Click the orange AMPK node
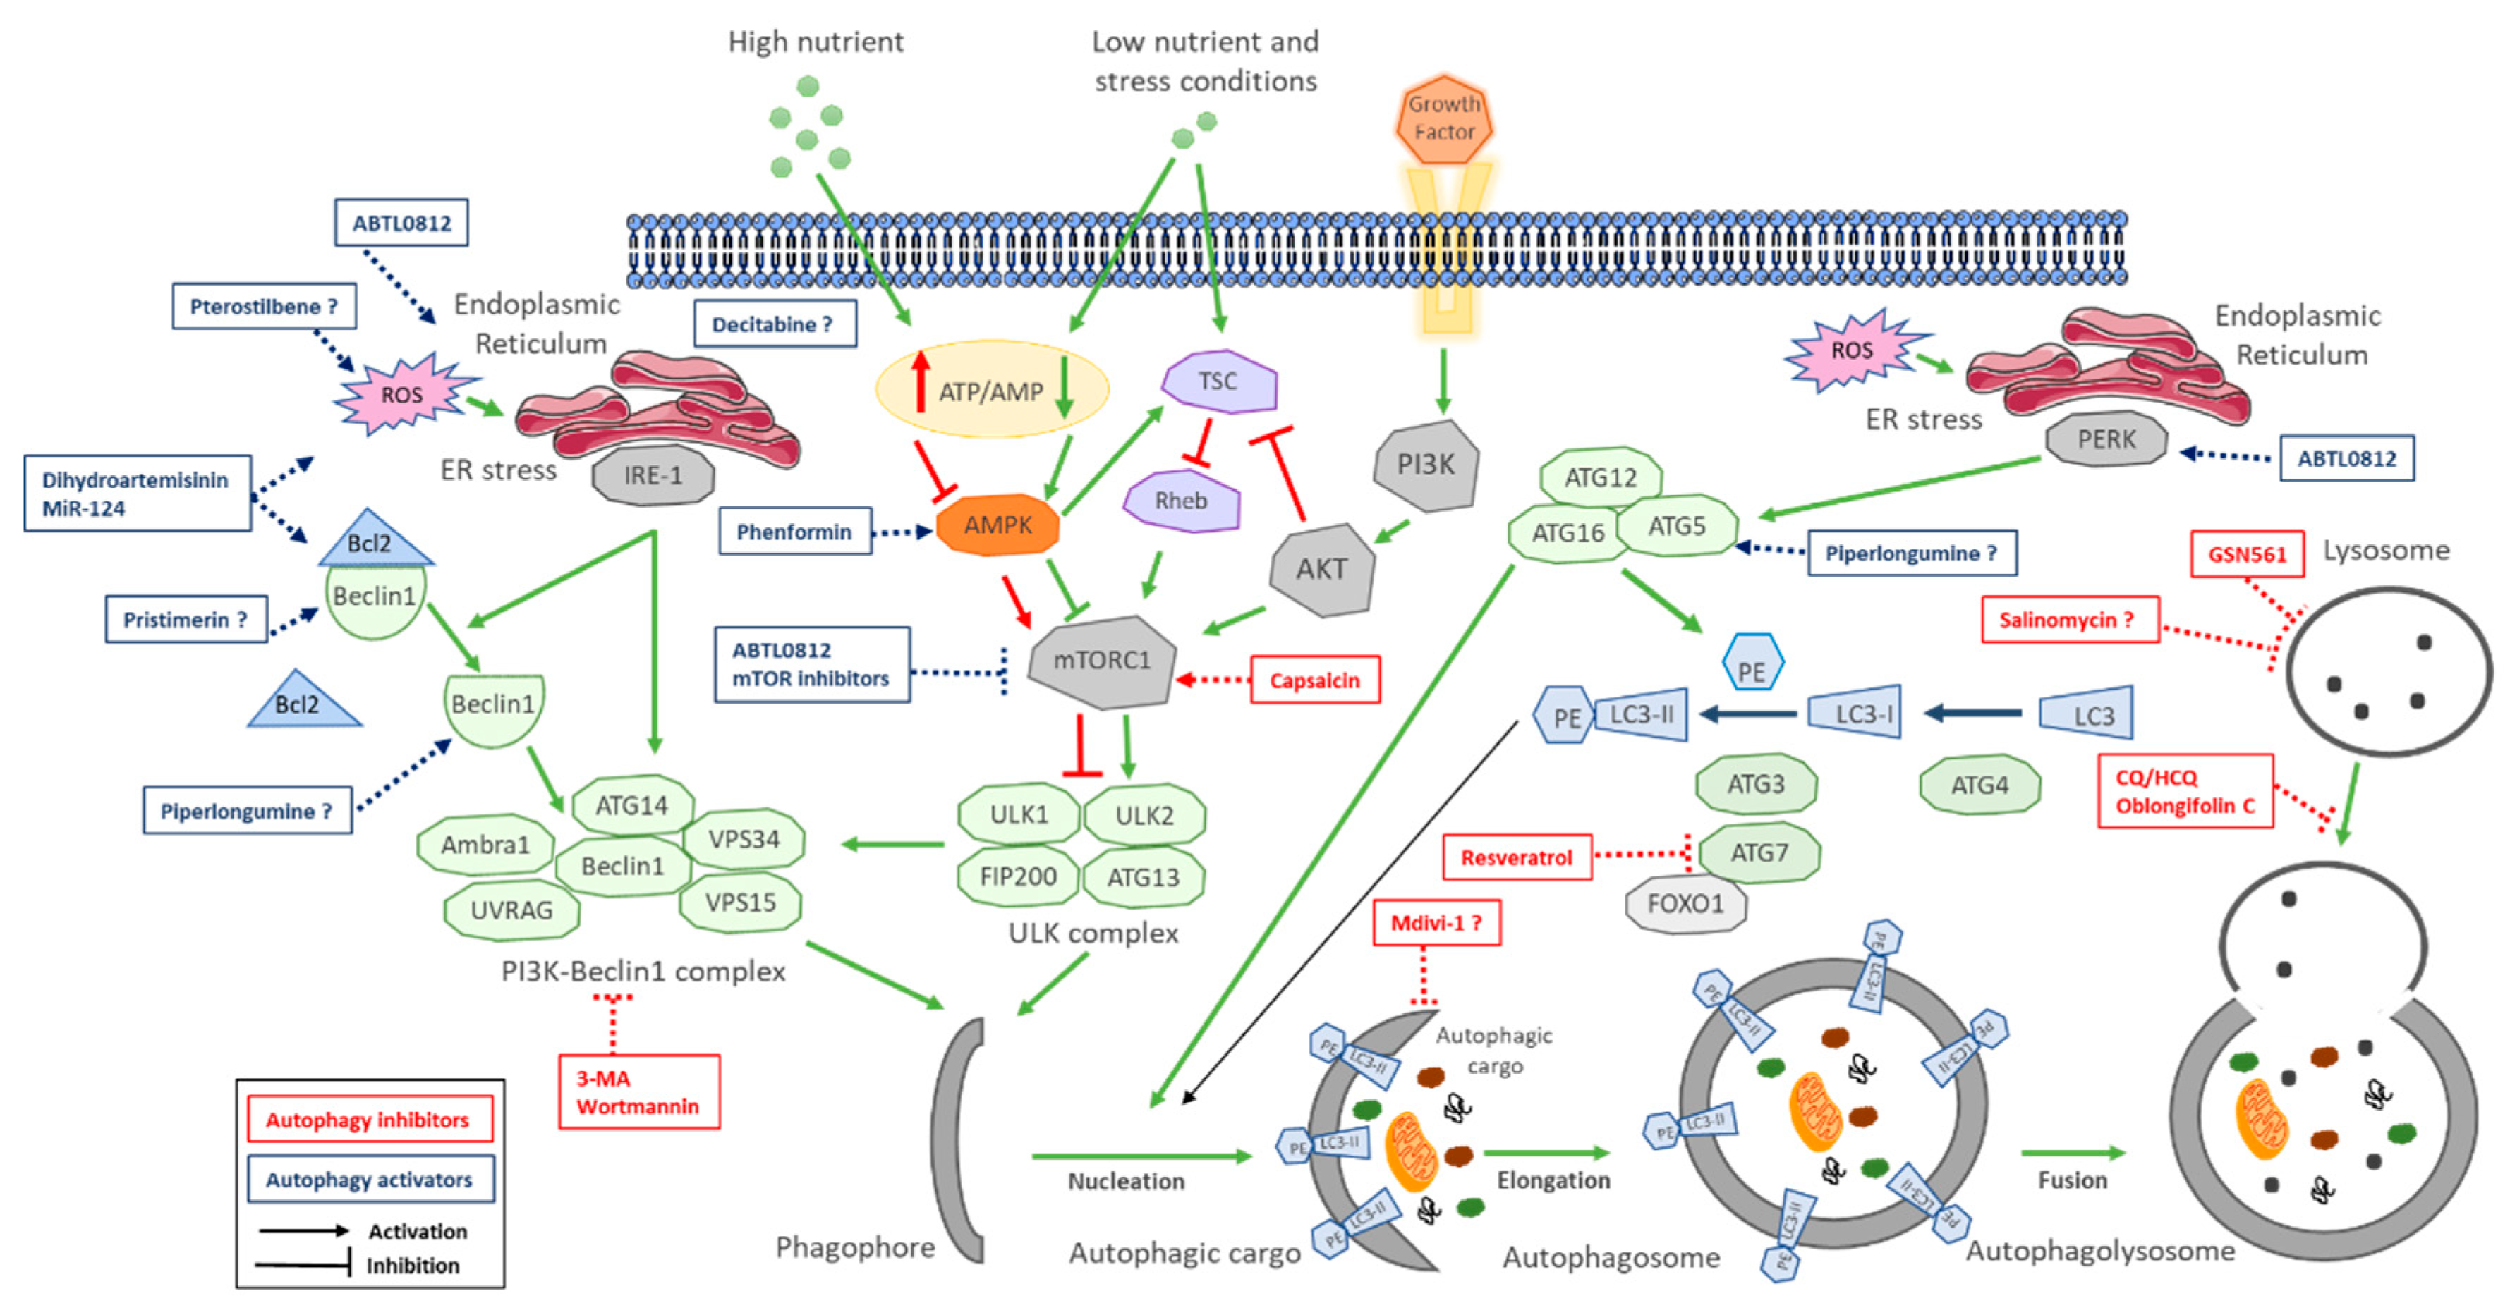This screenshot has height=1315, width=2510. pos(997,526)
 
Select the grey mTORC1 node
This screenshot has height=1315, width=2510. pos(1101,661)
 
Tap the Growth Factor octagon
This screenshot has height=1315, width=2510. pos(1444,118)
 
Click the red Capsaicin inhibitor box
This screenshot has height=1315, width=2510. pos(1314,680)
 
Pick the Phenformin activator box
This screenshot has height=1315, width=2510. pos(794,532)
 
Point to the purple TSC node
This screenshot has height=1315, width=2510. pos(1218,381)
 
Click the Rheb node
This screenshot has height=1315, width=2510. pos(1181,501)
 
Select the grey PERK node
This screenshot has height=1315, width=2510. pos(2106,440)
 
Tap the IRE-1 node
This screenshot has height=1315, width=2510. pos(653,475)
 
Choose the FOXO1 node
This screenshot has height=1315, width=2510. pos(1685,904)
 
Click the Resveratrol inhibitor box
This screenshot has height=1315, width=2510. pos(1516,857)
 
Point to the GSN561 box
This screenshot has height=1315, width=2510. pos(2246,554)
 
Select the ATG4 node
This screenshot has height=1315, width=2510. pos(1979,785)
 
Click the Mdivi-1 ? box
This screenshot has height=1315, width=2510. pos(1436,922)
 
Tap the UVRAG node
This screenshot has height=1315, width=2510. pos(511,911)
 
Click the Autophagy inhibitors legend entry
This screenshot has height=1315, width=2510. pos(368,1120)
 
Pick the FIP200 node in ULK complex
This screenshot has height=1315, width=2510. pos(1017,876)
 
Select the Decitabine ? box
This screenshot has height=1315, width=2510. pos(774,324)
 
